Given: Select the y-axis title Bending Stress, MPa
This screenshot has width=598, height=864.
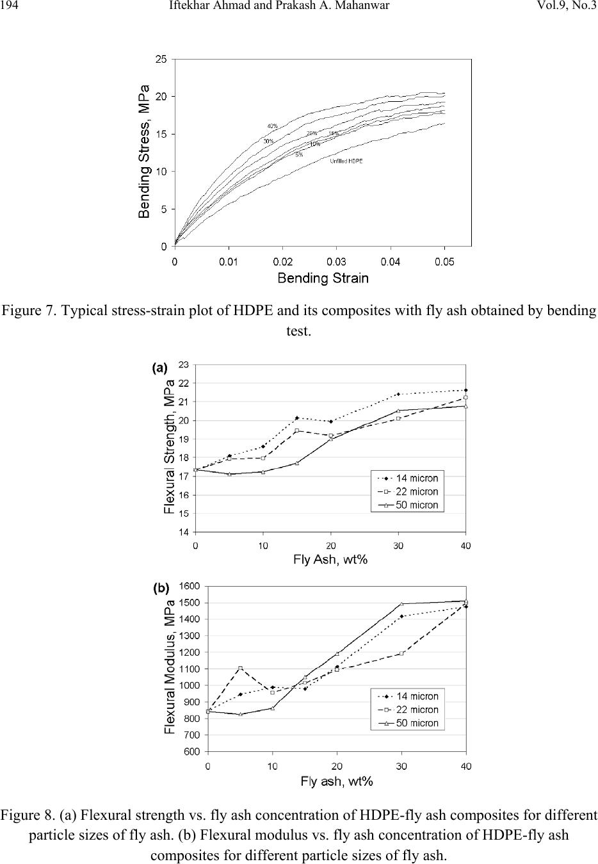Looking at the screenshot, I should click(146, 151).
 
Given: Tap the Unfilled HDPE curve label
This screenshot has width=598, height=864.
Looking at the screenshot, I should click(346, 161).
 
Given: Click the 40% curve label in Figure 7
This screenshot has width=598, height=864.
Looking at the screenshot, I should click(273, 126).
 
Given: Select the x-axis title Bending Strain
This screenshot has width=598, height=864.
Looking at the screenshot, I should click(323, 278).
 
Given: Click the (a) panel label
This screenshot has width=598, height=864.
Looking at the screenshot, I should click(159, 368).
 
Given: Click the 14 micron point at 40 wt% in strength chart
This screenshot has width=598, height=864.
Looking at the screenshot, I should click(465, 390).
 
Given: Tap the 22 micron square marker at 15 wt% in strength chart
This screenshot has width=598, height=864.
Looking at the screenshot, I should click(297, 430).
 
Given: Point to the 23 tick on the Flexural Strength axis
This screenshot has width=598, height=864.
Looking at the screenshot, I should click(184, 364).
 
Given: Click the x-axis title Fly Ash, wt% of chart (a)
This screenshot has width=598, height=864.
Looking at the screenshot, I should click(330, 559).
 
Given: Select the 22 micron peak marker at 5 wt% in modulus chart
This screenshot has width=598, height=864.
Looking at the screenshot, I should click(240, 668).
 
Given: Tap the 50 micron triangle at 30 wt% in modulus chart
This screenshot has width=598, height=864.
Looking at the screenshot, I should click(401, 603).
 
